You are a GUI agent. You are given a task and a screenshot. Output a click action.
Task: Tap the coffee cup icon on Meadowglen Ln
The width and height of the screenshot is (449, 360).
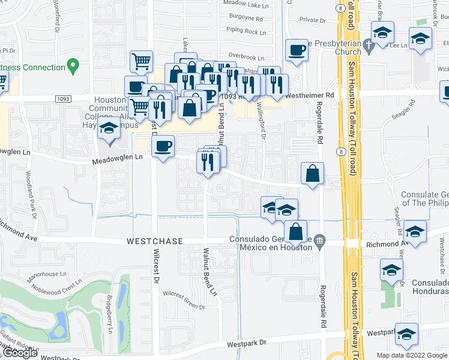[x=163, y=146]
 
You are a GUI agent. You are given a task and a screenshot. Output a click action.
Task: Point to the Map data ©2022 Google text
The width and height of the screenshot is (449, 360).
[x=411, y=355]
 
